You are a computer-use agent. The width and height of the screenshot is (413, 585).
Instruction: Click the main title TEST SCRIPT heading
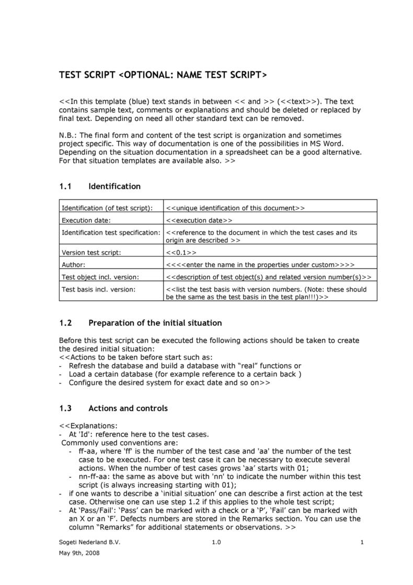click(x=163, y=75)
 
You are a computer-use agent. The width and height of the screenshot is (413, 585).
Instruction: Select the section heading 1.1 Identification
click(x=99, y=186)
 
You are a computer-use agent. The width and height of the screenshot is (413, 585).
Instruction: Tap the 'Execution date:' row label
click(x=86, y=220)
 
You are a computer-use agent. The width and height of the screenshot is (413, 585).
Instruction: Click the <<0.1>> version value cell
click(x=181, y=252)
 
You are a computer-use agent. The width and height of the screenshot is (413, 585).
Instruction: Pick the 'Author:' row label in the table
click(x=74, y=265)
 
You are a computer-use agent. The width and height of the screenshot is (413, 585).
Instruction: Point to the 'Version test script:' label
click(x=91, y=252)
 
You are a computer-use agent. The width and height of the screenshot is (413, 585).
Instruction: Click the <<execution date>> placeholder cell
click(x=199, y=220)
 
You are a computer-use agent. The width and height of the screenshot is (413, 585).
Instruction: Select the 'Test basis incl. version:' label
click(x=99, y=289)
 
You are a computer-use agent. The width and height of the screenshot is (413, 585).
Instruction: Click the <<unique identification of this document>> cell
click(x=235, y=208)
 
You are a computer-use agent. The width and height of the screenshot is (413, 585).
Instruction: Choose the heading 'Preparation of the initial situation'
click(x=155, y=323)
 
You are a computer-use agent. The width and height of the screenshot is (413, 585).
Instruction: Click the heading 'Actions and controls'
click(x=128, y=408)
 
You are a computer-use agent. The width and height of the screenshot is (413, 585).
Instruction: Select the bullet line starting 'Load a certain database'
click(x=185, y=374)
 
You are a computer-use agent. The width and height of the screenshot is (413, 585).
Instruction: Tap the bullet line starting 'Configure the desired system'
click(x=169, y=383)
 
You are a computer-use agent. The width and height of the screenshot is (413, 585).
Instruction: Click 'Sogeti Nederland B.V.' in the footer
click(x=89, y=543)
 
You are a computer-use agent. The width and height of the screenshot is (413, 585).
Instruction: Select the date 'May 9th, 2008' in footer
click(x=79, y=553)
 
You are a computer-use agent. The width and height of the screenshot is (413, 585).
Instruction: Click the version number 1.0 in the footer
click(x=216, y=543)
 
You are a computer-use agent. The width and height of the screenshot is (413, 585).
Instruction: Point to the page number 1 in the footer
click(x=362, y=543)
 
